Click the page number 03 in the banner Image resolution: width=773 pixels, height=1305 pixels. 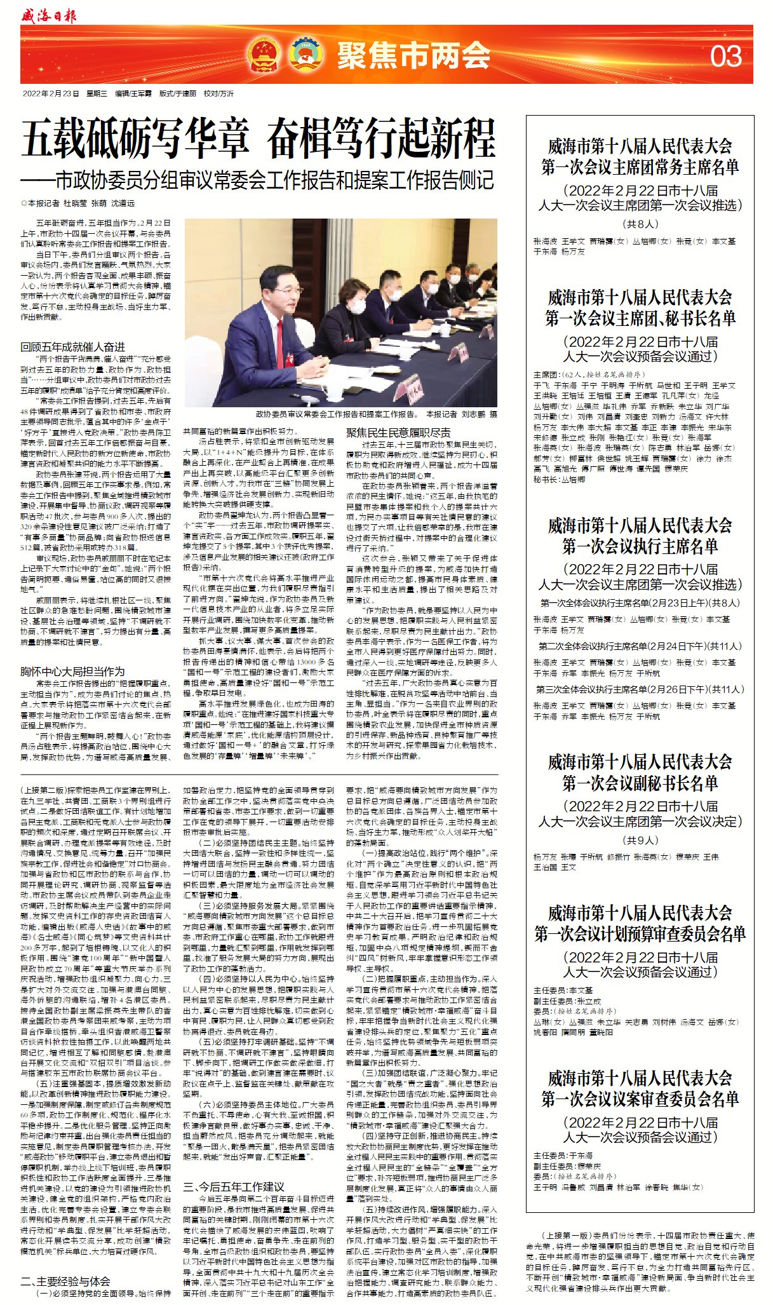tap(725, 56)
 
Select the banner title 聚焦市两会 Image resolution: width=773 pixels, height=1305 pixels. tap(413, 55)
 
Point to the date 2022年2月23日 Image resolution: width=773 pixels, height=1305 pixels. tap(51, 93)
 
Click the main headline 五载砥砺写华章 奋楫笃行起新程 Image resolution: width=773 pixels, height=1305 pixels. tap(258, 139)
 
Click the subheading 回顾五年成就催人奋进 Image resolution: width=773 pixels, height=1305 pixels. tap(72, 347)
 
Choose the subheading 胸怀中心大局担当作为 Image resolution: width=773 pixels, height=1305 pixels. tap(72, 671)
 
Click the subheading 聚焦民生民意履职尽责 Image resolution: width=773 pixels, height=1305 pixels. tap(398, 433)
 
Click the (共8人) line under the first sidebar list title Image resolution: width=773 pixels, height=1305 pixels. tap(640, 224)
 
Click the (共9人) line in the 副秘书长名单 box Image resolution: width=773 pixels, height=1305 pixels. tap(640, 840)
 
